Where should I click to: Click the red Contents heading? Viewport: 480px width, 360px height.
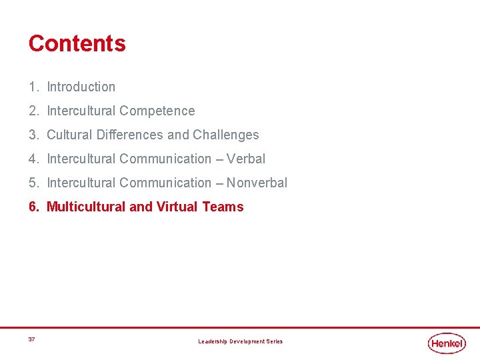[x=77, y=43]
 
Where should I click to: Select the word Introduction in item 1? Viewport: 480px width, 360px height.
[x=81, y=87]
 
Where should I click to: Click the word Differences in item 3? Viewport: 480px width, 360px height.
[x=130, y=135]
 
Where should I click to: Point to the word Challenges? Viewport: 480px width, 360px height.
[x=226, y=135]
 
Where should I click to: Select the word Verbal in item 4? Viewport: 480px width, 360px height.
[x=246, y=159]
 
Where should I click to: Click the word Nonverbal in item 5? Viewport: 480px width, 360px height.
[x=257, y=183]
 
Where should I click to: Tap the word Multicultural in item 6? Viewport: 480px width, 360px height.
[x=86, y=207]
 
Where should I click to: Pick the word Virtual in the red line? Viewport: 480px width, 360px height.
[x=177, y=207]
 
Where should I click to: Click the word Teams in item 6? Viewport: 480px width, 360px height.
[x=223, y=207]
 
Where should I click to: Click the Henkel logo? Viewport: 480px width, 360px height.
[x=447, y=343]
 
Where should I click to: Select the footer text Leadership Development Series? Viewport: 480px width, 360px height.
[x=240, y=341]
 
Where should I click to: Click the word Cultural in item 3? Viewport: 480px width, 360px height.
[x=70, y=135]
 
